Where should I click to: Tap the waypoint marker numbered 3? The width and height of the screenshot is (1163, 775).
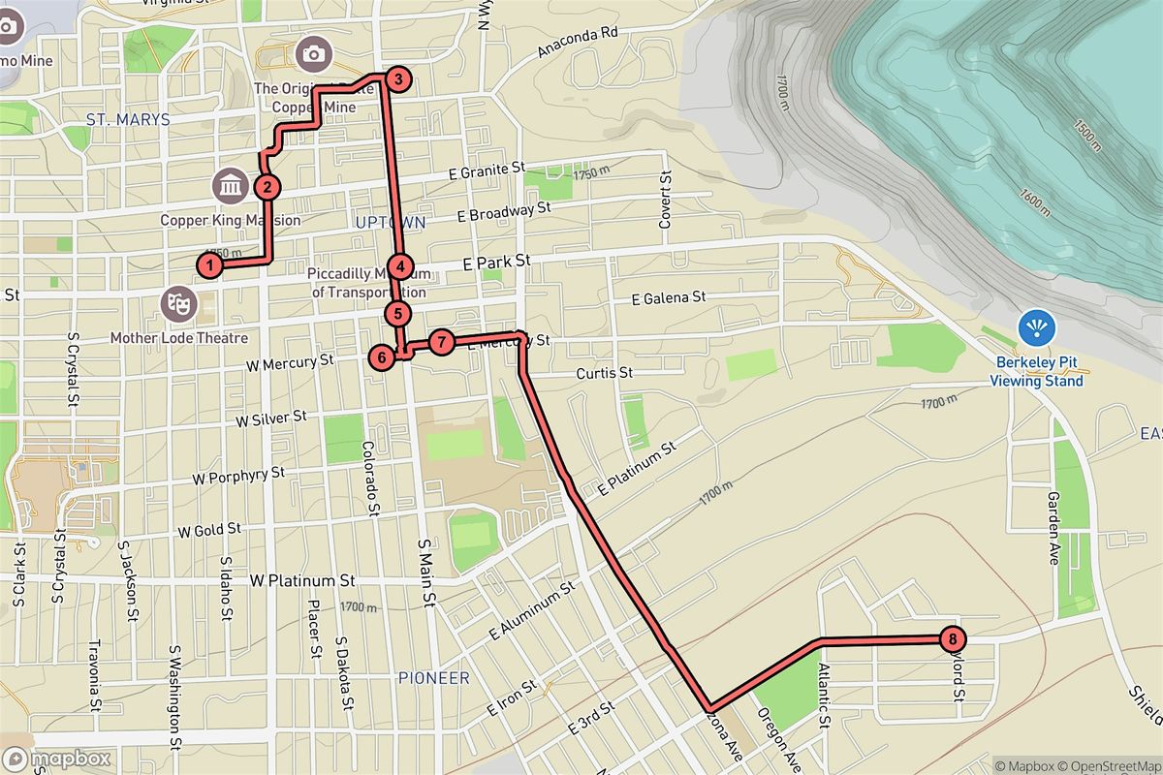coord(395,79)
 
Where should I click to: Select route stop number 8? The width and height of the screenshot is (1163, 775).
coord(954,638)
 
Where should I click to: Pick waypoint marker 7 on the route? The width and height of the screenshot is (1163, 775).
coord(441,342)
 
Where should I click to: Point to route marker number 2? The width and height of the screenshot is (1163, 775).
coord(267,187)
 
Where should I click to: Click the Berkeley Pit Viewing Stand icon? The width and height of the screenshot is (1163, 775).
coord(1037,328)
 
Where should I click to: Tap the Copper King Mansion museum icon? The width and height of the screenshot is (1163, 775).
coord(231,183)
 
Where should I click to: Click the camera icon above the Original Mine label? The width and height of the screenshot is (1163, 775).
coord(313,53)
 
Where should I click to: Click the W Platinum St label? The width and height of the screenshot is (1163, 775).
coord(302,581)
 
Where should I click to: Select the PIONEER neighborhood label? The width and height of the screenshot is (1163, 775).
coord(433,678)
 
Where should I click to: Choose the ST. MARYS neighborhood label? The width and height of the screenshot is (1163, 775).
coord(128,120)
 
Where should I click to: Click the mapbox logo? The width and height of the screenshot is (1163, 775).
coord(56,759)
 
